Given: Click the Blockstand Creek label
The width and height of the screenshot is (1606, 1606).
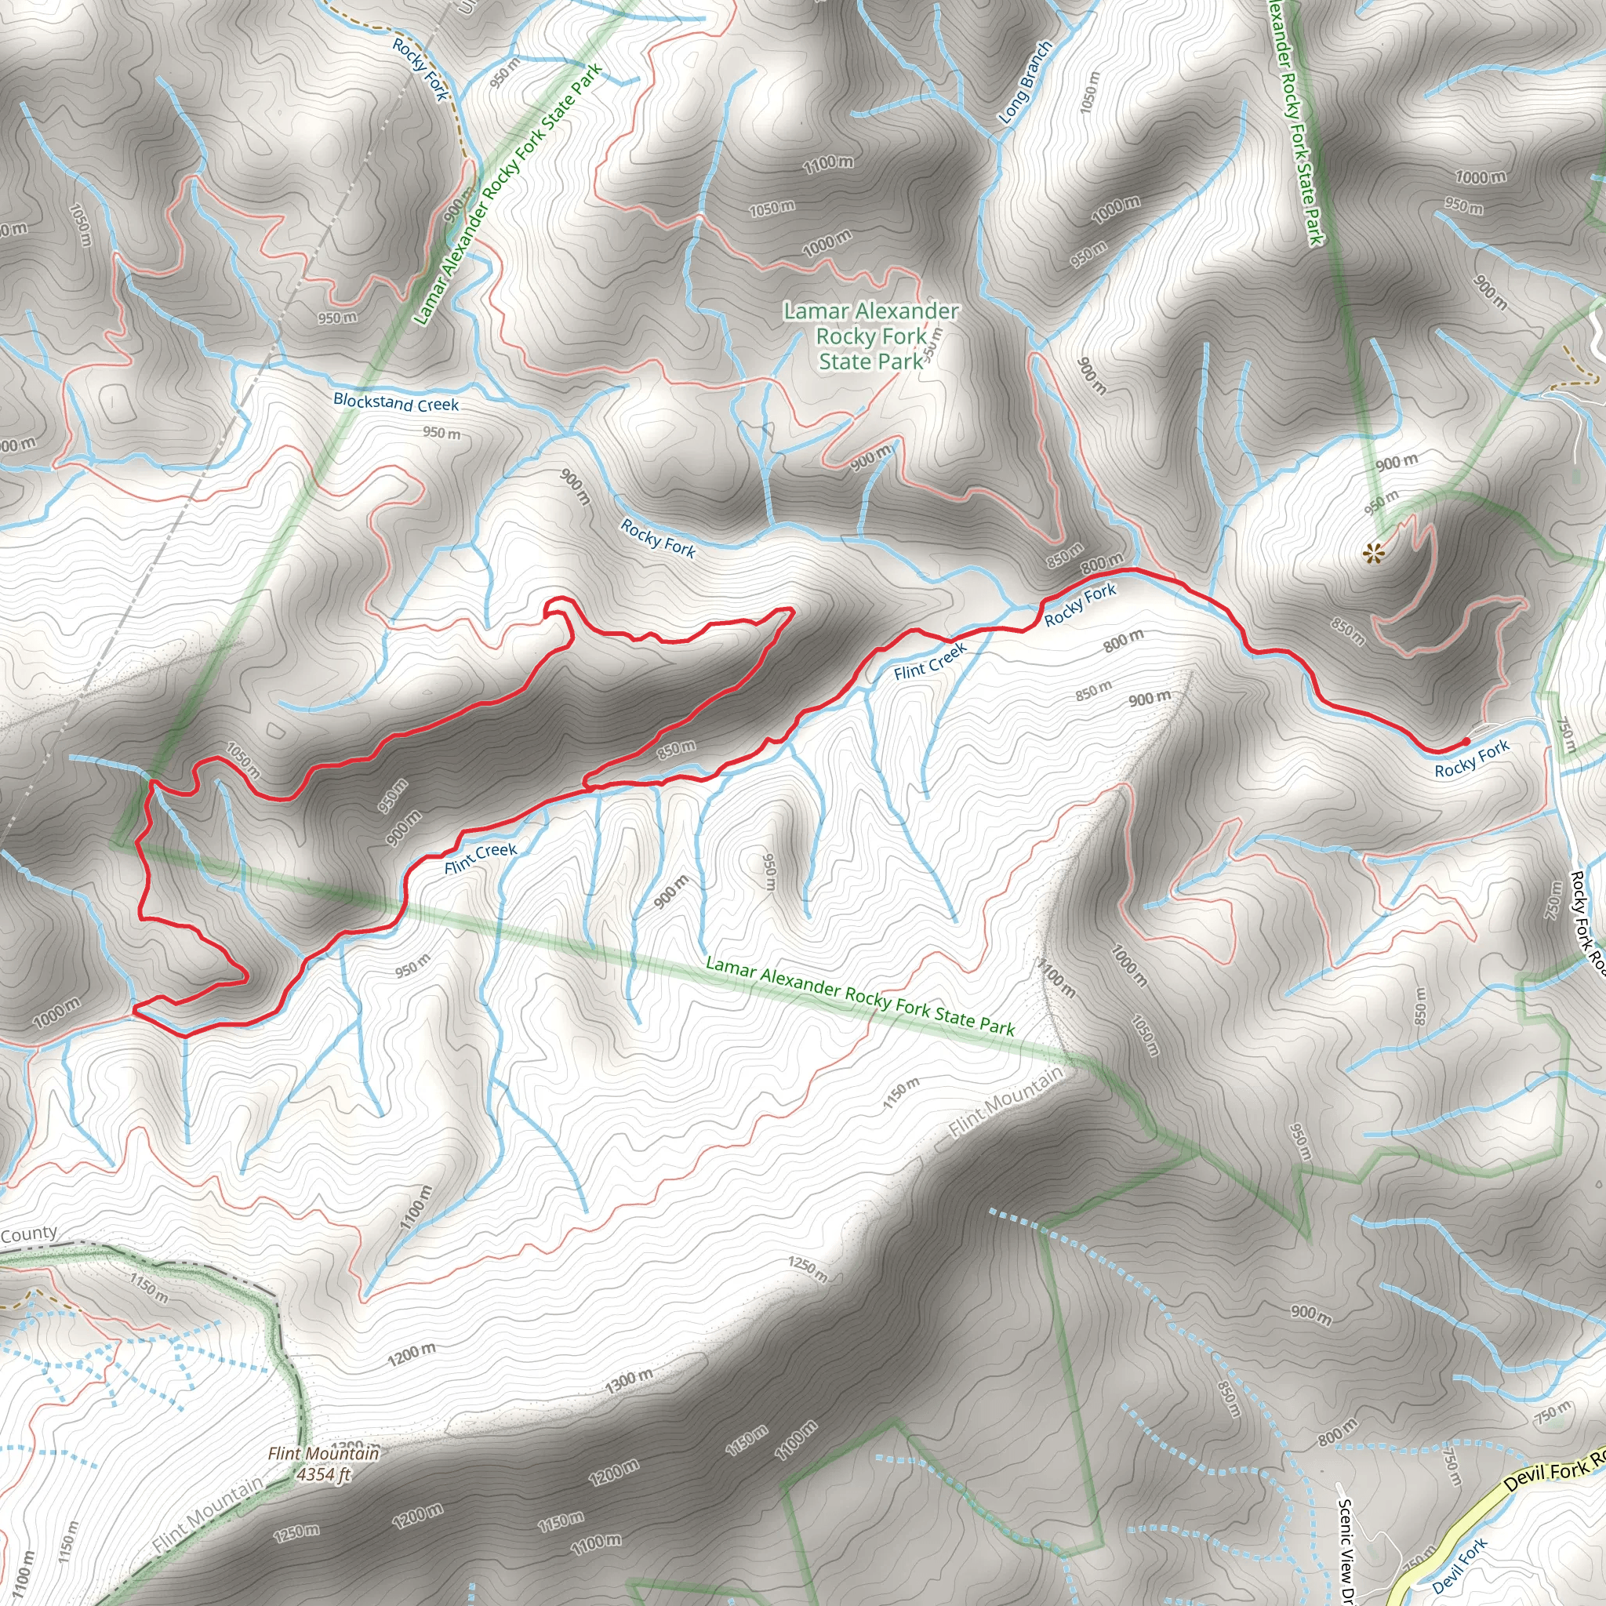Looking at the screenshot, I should (x=396, y=402).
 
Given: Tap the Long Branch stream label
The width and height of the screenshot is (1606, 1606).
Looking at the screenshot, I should (x=1024, y=82).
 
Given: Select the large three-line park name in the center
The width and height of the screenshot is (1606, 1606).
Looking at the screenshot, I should (x=871, y=336).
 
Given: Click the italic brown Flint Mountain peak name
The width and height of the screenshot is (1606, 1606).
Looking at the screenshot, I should (x=323, y=1453).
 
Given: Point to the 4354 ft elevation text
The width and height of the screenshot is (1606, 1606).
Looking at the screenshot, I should (x=324, y=1475).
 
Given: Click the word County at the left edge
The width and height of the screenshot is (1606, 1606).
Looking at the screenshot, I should (x=28, y=1234).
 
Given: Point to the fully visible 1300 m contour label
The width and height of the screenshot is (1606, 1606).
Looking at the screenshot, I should (x=628, y=1381).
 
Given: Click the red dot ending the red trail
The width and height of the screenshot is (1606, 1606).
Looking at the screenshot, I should (x=1466, y=740).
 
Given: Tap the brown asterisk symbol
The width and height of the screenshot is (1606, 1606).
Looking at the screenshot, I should (x=1372, y=552).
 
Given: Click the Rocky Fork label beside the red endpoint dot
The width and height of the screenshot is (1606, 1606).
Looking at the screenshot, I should (x=1471, y=759).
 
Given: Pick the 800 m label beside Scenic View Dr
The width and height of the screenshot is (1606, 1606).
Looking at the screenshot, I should (x=1338, y=1431).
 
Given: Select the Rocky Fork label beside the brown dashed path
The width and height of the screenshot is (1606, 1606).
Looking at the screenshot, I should (x=420, y=70).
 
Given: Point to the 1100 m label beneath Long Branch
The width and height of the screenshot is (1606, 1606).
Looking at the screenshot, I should (x=828, y=163).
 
